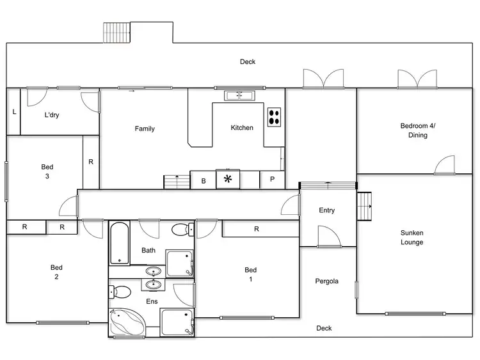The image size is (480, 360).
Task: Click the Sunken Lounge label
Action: (x=412, y=237)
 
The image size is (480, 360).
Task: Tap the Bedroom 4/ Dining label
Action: (x=417, y=130)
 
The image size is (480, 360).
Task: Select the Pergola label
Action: (x=326, y=281)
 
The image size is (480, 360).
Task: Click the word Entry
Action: (x=326, y=210)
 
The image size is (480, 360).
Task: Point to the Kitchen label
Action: (x=242, y=127)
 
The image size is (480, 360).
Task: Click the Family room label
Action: (x=145, y=129)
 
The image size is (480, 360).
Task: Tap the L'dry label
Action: (x=52, y=115)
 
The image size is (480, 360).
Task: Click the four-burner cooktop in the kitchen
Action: (x=275, y=116)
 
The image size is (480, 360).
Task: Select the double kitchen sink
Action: (x=239, y=96)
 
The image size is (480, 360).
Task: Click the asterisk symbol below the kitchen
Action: (x=227, y=180)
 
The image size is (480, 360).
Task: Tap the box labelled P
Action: (x=272, y=180)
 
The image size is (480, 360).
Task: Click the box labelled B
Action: (x=204, y=181)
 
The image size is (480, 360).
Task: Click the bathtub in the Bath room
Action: (x=119, y=242)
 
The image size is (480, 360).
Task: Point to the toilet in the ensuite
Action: (x=120, y=292)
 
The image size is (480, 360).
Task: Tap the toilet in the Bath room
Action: (x=181, y=229)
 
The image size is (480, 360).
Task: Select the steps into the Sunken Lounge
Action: (x=365, y=206)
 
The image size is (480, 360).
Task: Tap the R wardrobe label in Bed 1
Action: (x=256, y=229)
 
